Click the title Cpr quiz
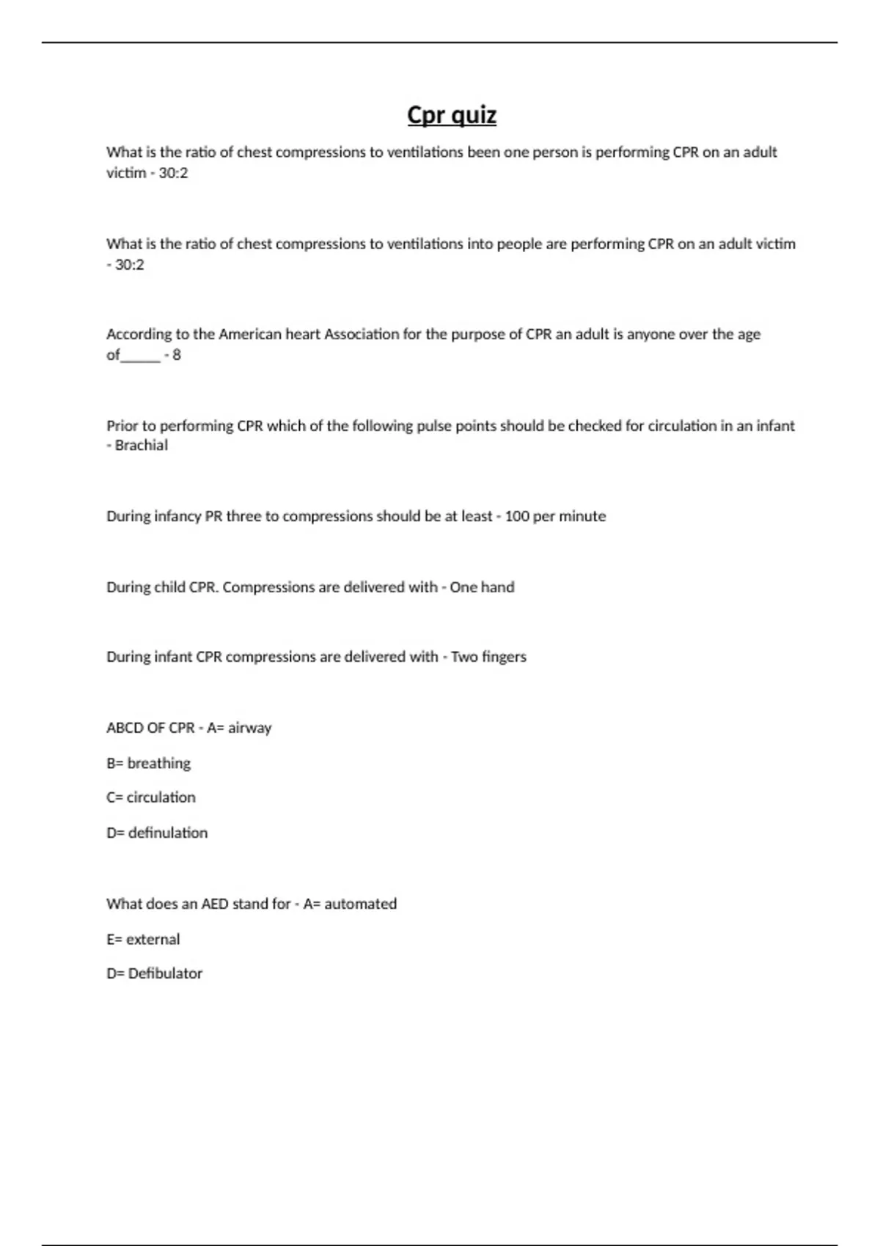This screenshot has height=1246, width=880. [x=452, y=115]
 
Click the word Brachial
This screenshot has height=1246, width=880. [x=142, y=446]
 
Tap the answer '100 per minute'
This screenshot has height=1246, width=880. [x=555, y=516]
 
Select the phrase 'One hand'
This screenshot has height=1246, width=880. [x=482, y=587]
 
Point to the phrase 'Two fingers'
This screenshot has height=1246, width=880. [x=488, y=657]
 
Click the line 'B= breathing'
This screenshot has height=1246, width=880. [x=148, y=763]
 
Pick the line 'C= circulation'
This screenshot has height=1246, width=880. [x=150, y=797]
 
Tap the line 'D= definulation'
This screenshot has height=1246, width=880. [x=156, y=833]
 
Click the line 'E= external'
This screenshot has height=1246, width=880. [x=142, y=939]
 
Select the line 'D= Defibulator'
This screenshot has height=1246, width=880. [x=154, y=973]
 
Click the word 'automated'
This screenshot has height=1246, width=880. [x=360, y=904]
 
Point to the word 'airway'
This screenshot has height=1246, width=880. [x=249, y=728]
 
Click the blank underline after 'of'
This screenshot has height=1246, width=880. [x=140, y=356]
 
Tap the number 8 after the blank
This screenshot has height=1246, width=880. [x=177, y=355]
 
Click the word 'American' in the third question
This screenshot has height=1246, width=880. [x=250, y=334]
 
